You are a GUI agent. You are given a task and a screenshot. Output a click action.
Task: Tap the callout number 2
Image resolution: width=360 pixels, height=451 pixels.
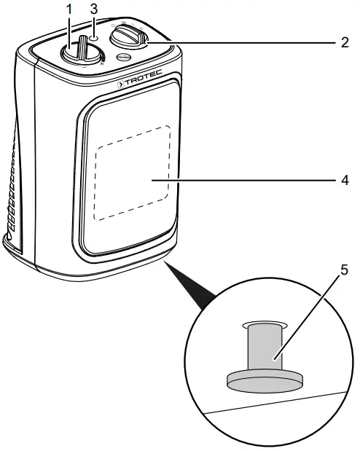click(345, 42)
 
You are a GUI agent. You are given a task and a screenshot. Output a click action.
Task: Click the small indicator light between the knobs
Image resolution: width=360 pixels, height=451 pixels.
click(95, 34)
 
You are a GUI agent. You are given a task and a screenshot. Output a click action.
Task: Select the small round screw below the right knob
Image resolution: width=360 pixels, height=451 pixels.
click(124, 58)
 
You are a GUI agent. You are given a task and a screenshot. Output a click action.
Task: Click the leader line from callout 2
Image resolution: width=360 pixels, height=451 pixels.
click(240, 43)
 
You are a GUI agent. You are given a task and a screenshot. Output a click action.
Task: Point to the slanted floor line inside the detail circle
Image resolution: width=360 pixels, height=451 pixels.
click(277, 401)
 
